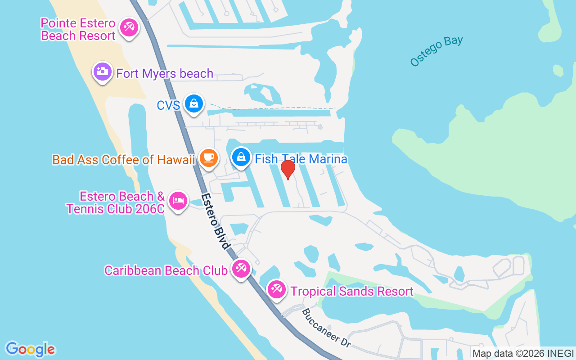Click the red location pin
(288, 168)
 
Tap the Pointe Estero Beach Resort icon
(129, 28)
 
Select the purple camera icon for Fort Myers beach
(103, 71)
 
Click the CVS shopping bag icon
(194, 103)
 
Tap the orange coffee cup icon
(208, 157)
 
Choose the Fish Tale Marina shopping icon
(242, 157)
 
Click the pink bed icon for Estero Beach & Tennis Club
(178, 201)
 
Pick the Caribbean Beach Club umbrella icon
(241, 269)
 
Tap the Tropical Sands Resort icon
(276, 289)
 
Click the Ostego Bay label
(436, 51)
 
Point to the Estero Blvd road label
(216, 222)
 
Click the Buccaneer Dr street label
(326, 328)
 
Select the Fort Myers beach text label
(165, 73)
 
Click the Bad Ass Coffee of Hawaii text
(123, 160)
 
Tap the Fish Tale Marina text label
(301, 159)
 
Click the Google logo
(31, 349)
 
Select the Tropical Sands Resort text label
(352, 291)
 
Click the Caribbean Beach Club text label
(166, 270)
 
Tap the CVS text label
(168, 105)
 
